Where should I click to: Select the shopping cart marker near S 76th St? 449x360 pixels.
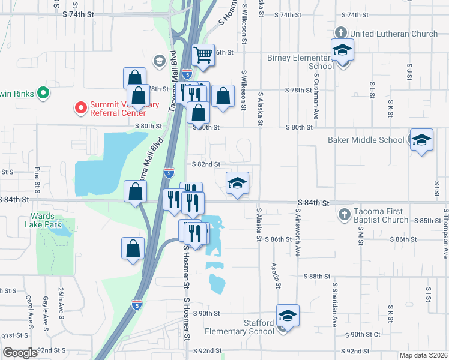pyautogui.click(x=203, y=56)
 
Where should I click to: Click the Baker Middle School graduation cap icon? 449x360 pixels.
pyautogui.click(x=421, y=140)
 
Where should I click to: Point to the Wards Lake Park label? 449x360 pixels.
pyautogui.click(x=43, y=220)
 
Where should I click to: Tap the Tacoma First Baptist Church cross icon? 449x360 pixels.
pyautogui.click(x=344, y=214)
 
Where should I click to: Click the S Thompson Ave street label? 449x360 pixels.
pyautogui.click(x=445, y=233)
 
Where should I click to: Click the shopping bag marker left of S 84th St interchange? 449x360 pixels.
pyautogui.click(x=136, y=191)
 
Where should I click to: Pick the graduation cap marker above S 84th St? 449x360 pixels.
pyautogui.click(x=237, y=183)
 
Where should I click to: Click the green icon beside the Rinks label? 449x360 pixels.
pyautogui.click(x=43, y=93)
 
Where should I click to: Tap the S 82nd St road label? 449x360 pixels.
pyautogui.click(x=206, y=164)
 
